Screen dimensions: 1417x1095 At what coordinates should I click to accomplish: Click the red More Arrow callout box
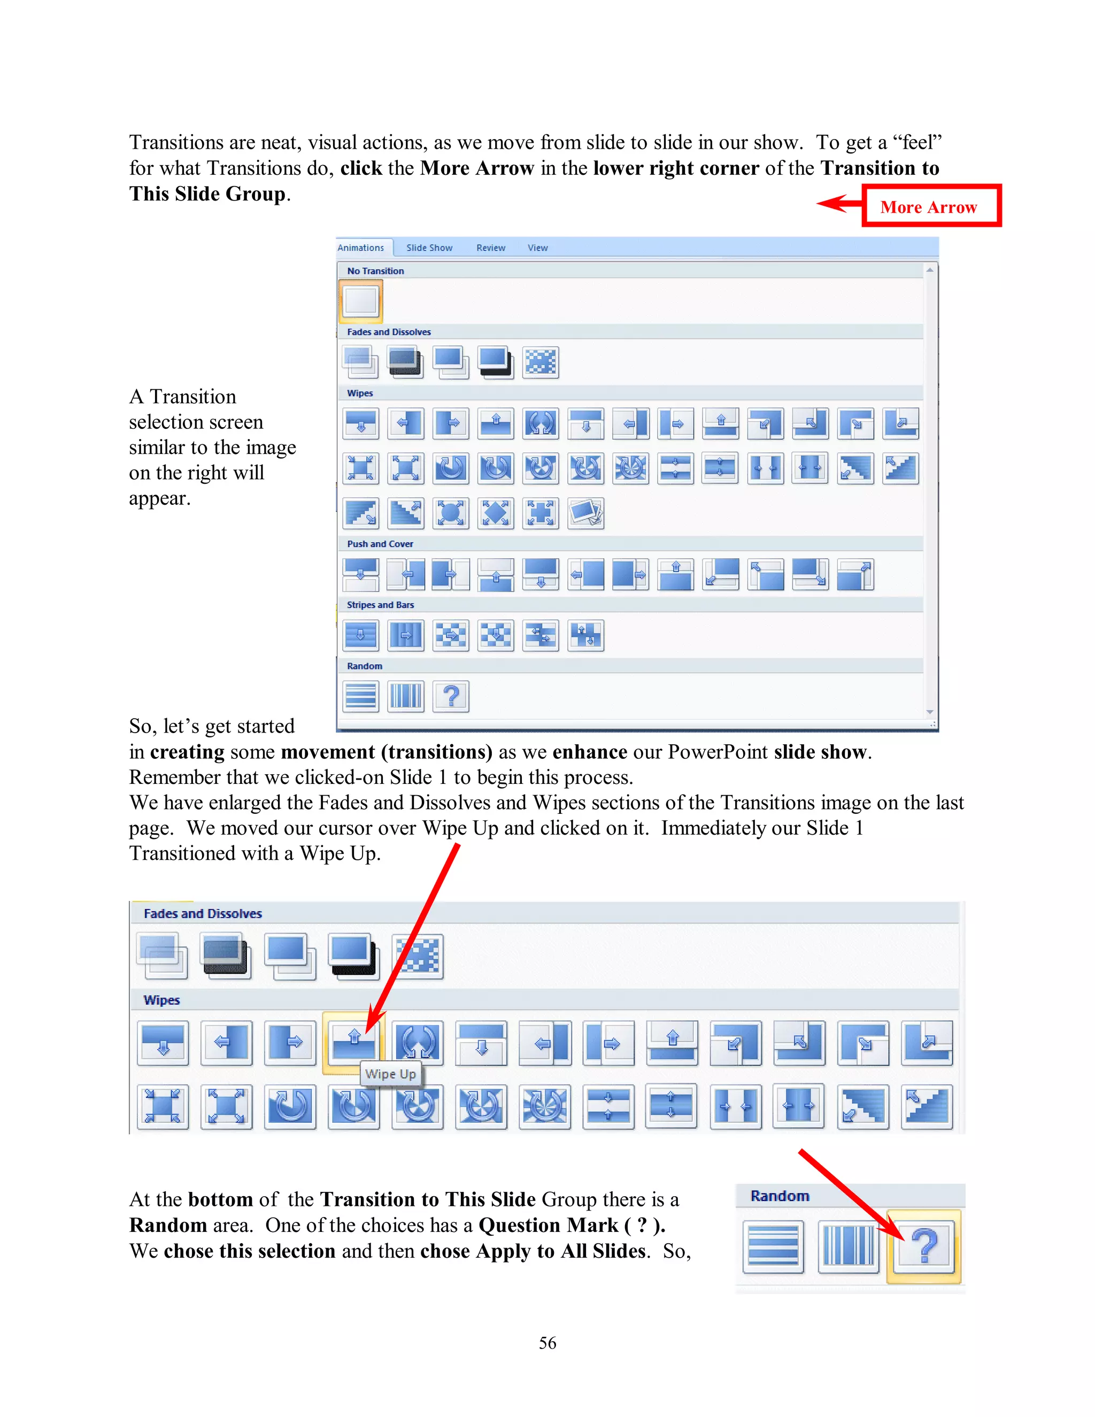931,206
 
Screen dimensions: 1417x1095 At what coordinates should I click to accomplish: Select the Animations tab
361,248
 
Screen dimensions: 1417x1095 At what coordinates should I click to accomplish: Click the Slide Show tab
429,248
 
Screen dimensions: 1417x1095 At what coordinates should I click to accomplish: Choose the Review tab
490,248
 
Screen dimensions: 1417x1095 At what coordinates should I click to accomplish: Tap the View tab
537,248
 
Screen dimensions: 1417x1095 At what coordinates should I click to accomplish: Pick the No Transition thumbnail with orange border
361,301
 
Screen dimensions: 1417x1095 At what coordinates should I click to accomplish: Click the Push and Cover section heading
380,544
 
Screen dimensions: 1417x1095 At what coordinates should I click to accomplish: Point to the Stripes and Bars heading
380,605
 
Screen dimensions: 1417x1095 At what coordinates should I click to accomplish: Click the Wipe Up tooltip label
390,1074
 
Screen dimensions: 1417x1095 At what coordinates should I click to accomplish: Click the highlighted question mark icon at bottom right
924,1246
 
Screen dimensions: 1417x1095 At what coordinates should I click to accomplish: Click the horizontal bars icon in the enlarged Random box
773,1246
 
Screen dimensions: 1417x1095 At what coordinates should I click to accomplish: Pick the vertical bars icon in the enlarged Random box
848,1246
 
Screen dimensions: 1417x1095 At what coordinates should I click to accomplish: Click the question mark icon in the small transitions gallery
451,696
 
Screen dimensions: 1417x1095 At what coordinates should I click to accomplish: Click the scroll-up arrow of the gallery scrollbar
930,270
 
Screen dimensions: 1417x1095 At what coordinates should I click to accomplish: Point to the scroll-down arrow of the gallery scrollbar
930,712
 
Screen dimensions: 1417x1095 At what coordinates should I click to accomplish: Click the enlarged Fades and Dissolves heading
203,913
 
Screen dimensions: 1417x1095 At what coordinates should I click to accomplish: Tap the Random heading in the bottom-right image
780,1196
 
